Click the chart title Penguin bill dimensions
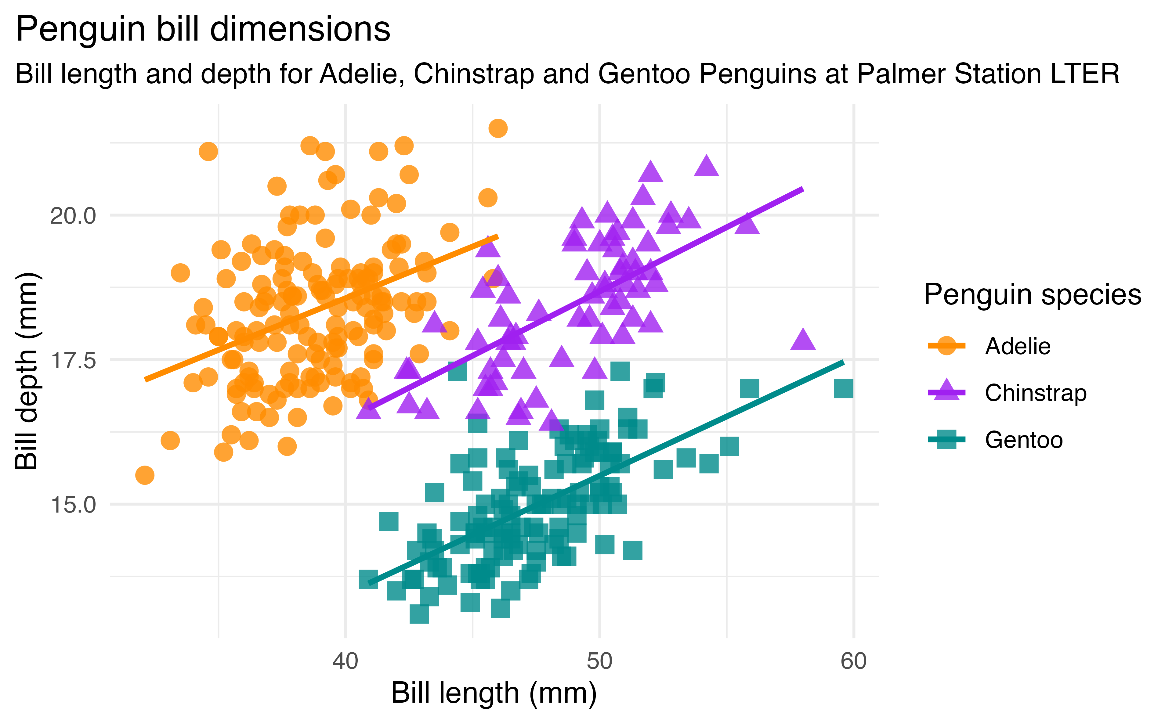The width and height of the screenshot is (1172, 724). [x=203, y=30]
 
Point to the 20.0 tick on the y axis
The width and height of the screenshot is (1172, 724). [x=73, y=216]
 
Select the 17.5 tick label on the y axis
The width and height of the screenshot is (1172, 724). [x=73, y=361]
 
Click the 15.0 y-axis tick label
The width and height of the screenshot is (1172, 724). [x=73, y=505]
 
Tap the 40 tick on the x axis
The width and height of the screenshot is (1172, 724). [x=345, y=662]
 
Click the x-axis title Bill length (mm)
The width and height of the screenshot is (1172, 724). [x=494, y=693]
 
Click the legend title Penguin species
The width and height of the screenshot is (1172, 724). [x=1032, y=294]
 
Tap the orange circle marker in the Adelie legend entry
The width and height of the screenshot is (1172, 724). [x=946, y=346]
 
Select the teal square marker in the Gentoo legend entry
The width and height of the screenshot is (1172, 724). [x=946, y=440]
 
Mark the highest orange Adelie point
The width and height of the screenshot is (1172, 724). [x=498, y=128]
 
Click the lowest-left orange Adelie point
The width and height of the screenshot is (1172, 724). [x=145, y=475]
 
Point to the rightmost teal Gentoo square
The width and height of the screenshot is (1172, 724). [x=843, y=389]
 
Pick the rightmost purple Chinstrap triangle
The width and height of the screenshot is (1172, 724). [x=803, y=340]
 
